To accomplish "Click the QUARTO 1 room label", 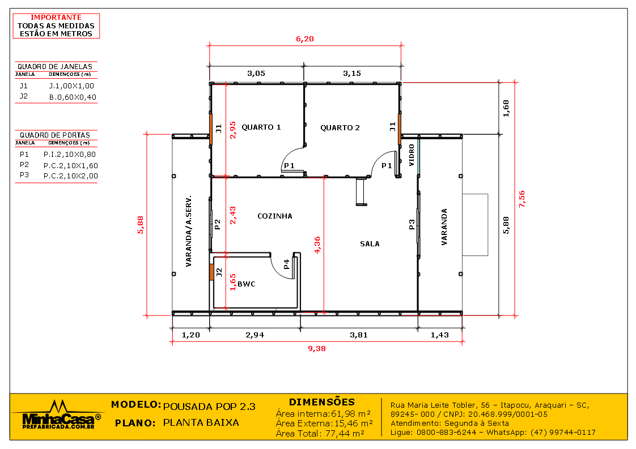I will [261, 127].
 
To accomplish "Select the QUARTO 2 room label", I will [340, 128].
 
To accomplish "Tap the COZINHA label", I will [275, 216].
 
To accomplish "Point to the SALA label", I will [370, 244].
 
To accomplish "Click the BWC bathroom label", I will [246, 284].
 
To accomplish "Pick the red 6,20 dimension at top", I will [304, 39].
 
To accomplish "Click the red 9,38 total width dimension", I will [316, 349].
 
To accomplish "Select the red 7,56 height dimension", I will [521, 199].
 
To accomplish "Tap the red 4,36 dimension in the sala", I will [317, 245].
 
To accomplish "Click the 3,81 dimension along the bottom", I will [358, 335].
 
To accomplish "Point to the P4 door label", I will [287, 264].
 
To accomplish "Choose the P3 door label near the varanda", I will [412, 225].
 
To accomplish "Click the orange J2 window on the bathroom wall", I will [211, 272].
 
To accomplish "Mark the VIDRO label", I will [412, 155].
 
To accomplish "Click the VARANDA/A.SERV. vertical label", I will [189, 231].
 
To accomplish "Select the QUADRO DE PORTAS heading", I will [55, 135].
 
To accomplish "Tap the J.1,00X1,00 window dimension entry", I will [71, 86].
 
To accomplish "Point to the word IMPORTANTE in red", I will [56, 18].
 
